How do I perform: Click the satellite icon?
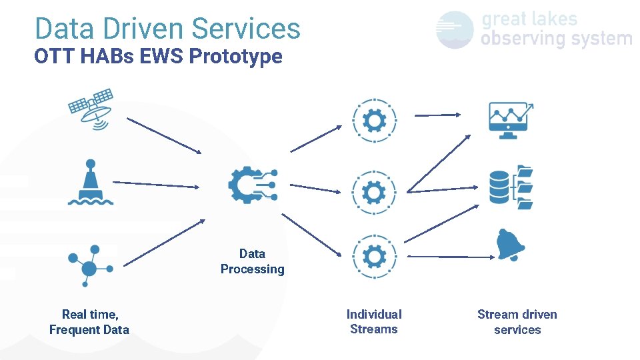point(91,108)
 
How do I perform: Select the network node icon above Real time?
point(90,265)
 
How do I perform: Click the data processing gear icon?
point(253,185)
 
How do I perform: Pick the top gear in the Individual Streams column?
point(374,121)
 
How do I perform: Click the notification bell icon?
point(511,245)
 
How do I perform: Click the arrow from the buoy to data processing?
point(156,184)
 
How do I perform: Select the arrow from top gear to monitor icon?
point(437,115)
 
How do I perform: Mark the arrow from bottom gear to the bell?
point(451,256)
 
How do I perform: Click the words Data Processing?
point(253,261)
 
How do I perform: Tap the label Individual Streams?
point(374,321)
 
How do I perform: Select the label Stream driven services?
point(517,322)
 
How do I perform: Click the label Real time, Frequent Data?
point(89,322)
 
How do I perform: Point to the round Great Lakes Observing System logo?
point(455,30)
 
